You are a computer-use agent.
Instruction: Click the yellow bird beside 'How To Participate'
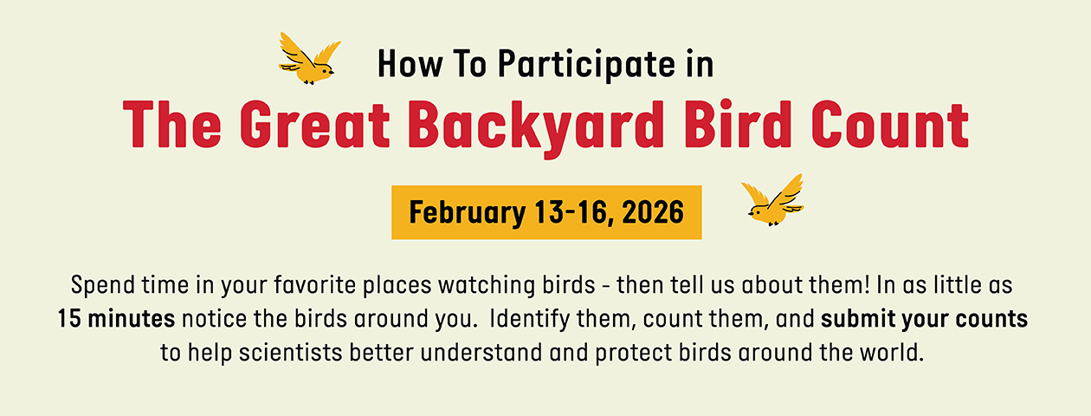pos(309,59)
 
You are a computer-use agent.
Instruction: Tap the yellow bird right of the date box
pos(773,200)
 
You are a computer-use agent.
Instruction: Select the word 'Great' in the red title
pos(314,124)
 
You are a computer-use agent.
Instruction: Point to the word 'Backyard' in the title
pos(536,127)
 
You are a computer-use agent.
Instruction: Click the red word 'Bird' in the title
pos(738,124)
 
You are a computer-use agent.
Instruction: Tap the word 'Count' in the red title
pos(890,125)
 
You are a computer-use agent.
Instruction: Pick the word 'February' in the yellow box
pos(468,213)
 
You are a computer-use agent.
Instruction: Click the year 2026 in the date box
pos(653,212)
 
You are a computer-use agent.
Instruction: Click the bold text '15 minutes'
pos(116,319)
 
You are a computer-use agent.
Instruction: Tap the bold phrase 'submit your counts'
pos(925,320)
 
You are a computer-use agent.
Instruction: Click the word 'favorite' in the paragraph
pos(314,285)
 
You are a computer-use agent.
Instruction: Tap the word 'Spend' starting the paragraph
pos(103,286)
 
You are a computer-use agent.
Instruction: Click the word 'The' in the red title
pos(172,124)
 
